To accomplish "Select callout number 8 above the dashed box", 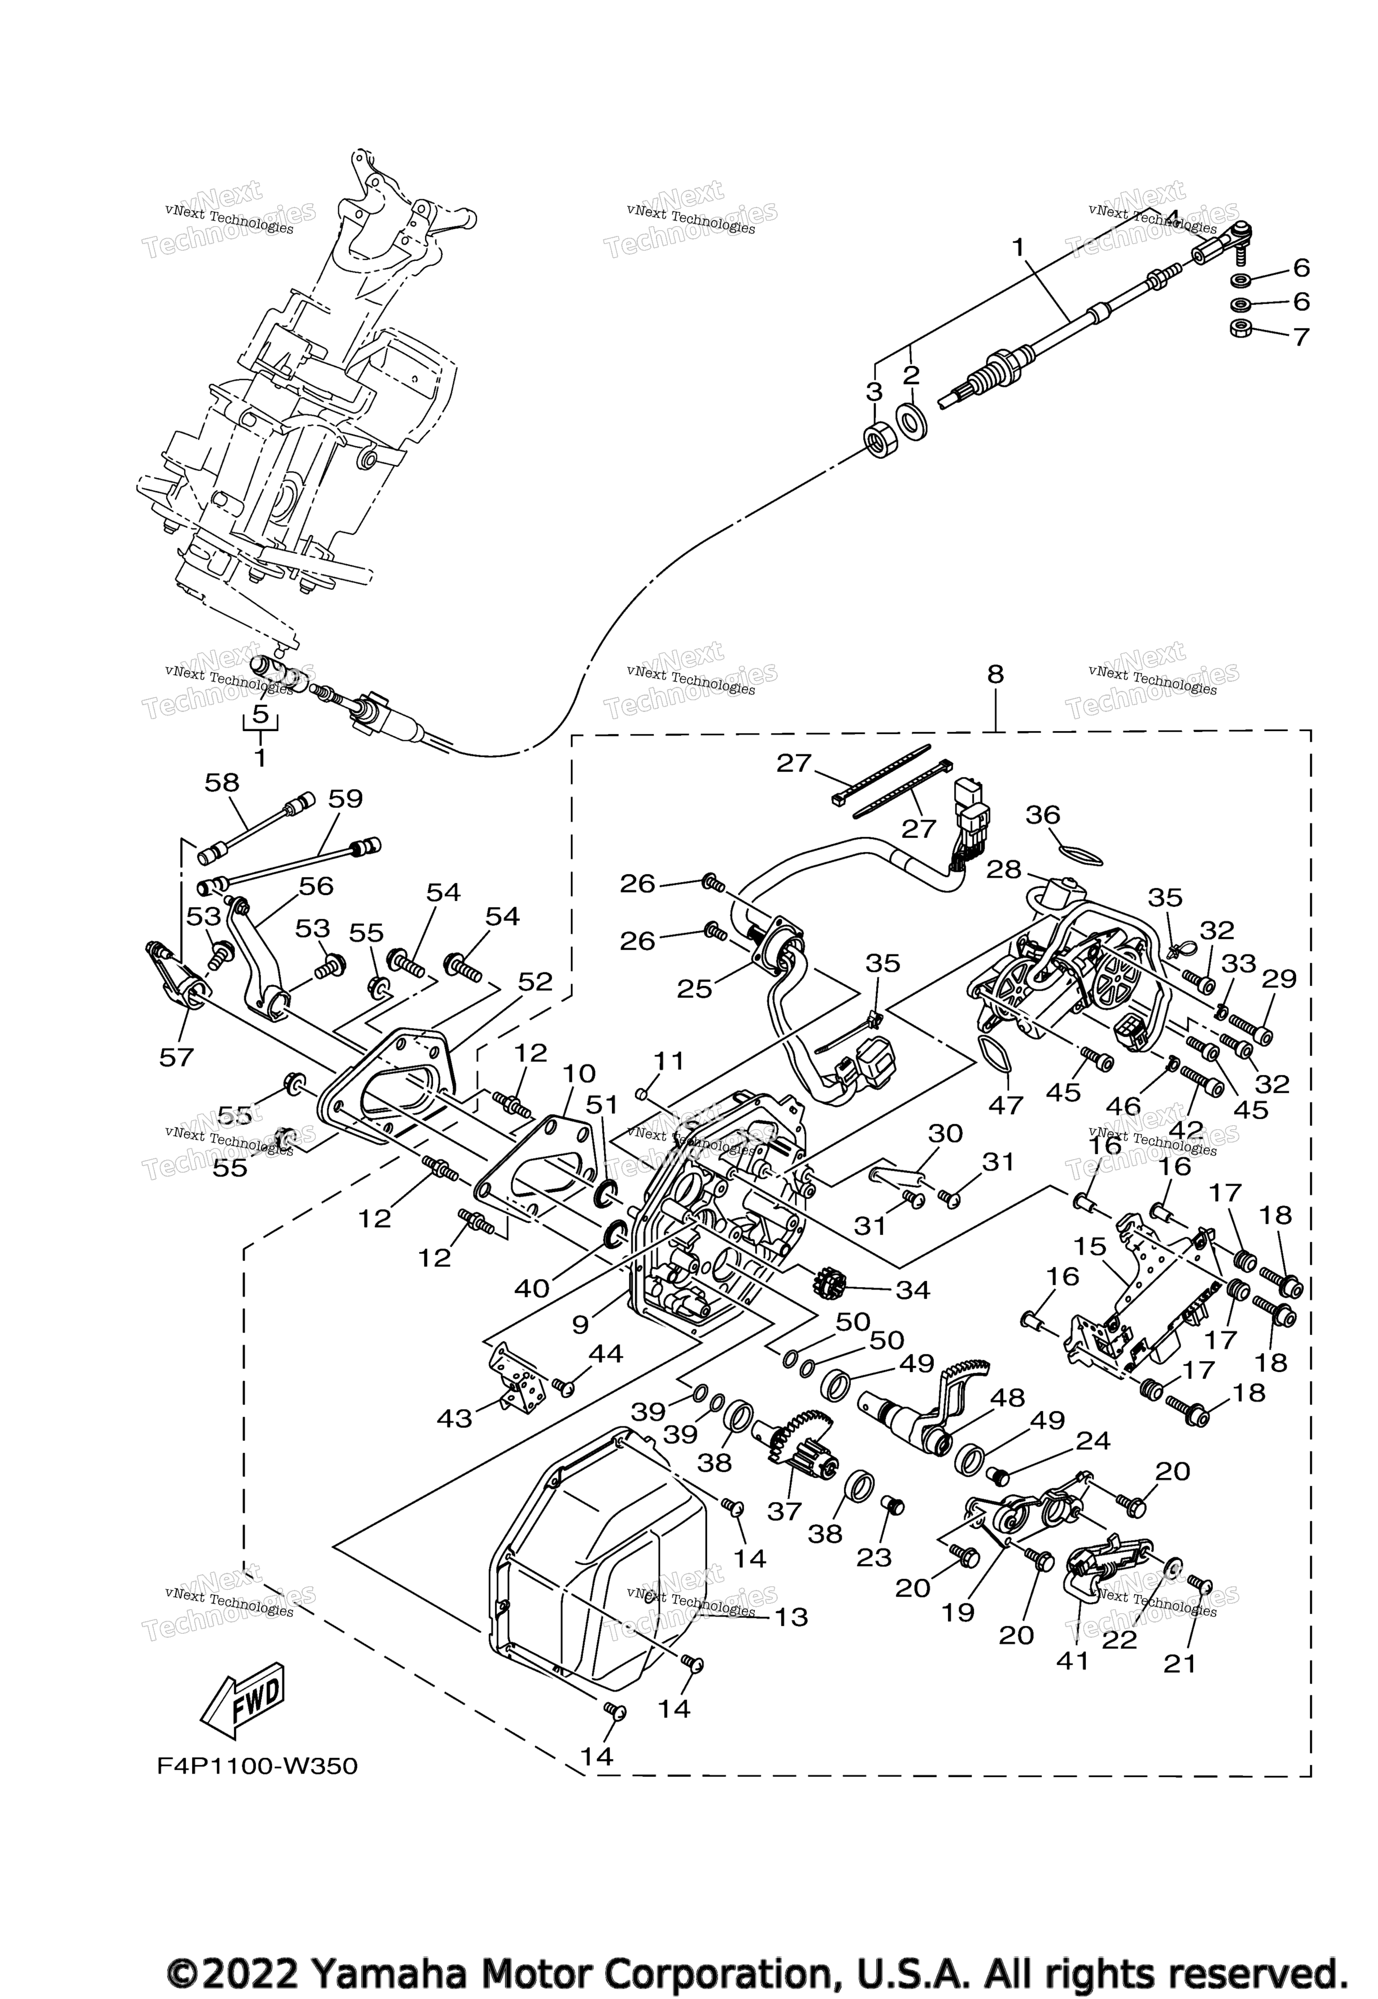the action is point(995,674).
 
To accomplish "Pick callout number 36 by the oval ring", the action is point(1043,814).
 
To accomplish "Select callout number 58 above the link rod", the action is point(222,782).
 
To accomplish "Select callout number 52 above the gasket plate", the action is point(535,982).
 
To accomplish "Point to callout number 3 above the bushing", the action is point(875,392).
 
